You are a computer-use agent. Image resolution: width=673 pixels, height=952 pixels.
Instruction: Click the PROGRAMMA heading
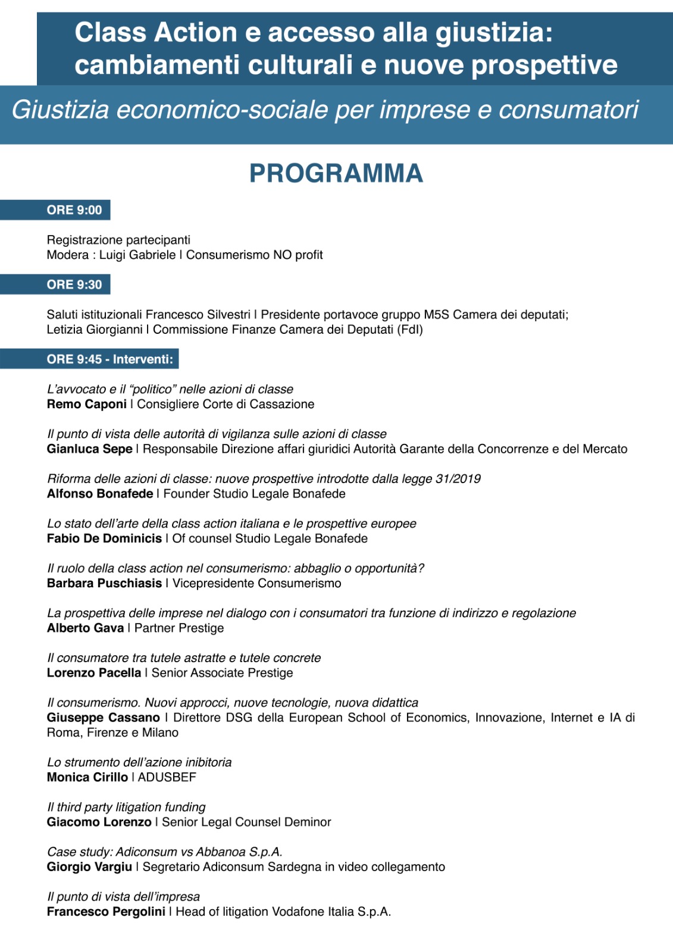336,174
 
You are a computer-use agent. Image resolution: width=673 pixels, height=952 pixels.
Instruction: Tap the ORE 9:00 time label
74,210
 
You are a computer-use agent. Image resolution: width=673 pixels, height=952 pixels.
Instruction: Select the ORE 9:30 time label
74,284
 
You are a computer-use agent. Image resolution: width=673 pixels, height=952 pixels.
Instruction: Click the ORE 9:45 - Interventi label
109,359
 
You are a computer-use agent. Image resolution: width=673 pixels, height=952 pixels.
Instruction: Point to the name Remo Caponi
86,405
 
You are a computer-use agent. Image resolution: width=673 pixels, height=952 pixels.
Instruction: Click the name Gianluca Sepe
89,449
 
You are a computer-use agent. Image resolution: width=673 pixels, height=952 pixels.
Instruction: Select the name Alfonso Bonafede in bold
99,494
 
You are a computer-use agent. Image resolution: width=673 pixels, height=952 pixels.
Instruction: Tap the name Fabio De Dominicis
104,538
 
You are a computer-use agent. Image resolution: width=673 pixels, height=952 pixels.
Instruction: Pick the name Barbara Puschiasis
104,583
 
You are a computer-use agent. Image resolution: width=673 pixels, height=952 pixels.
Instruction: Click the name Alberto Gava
85,628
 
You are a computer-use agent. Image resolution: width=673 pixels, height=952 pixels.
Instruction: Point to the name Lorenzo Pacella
93,673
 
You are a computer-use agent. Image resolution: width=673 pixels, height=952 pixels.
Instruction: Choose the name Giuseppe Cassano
103,718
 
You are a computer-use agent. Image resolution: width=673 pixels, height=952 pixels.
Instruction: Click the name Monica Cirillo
87,777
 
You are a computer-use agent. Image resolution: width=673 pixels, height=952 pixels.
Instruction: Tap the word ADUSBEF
167,777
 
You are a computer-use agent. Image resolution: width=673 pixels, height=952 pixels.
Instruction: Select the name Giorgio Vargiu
89,867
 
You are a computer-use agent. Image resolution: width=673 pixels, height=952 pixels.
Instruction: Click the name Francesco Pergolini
106,912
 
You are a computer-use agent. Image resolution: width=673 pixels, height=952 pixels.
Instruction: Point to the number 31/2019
458,479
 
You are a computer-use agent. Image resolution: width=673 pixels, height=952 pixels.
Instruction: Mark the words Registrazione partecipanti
118,240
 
